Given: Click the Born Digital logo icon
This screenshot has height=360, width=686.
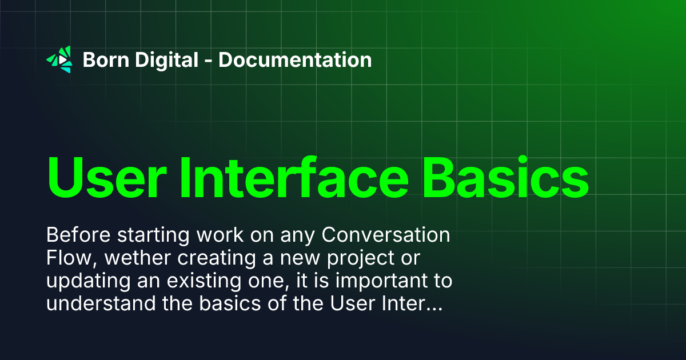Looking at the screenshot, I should (x=59, y=59).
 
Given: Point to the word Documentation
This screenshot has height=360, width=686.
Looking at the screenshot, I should (x=295, y=59).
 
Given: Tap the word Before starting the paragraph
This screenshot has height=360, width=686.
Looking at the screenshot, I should (x=75, y=235).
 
